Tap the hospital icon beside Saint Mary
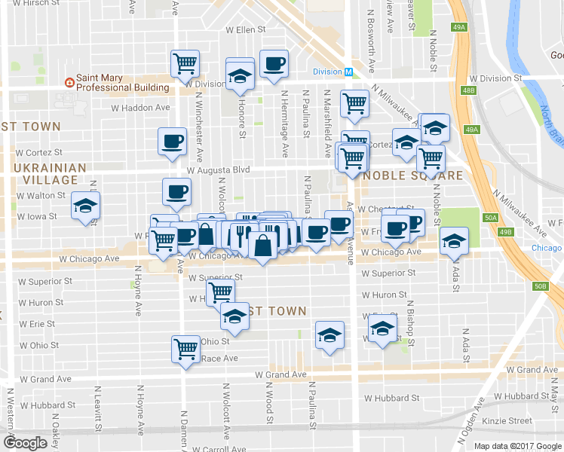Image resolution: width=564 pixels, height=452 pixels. [x=69, y=81]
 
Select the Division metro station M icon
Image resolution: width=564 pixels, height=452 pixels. [x=348, y=72]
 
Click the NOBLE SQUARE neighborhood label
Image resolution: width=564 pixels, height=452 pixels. [x=413, y=176]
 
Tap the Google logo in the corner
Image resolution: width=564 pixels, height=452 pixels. [x=25, y=443]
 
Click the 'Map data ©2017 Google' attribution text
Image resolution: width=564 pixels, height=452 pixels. [x=517, y=446]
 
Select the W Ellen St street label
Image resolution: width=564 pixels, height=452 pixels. [x=247, y=30]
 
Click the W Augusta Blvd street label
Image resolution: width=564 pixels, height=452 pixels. [x=219, y=170]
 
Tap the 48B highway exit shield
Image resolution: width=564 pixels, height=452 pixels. [x=470, y=90]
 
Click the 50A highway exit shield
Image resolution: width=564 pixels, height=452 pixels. [x=491, y=217]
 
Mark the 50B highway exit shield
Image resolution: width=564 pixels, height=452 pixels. [x=540, y=286]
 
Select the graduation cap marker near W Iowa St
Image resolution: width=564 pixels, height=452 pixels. [x=85, y=205]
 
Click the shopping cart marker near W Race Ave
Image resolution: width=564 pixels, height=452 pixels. [x=185, y=348]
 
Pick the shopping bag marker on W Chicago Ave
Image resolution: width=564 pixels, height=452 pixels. [x=262, y=246]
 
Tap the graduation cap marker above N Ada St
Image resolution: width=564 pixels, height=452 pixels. [x=453, y=240]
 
